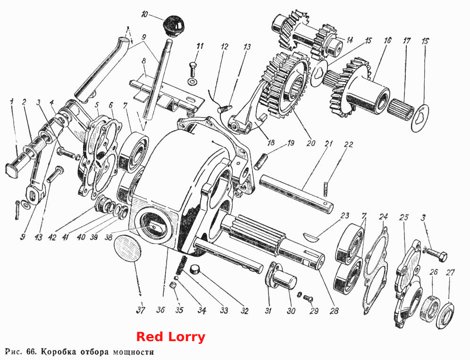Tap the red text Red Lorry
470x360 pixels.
point(171,336)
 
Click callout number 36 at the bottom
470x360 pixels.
point(160,310)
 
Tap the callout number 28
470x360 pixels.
point(334,310)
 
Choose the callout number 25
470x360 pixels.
point(404,217)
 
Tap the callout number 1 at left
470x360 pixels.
point(11,102)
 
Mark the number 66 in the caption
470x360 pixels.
point(31,351)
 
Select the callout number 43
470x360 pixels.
point(38,237)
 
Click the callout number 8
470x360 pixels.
point(144,61)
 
